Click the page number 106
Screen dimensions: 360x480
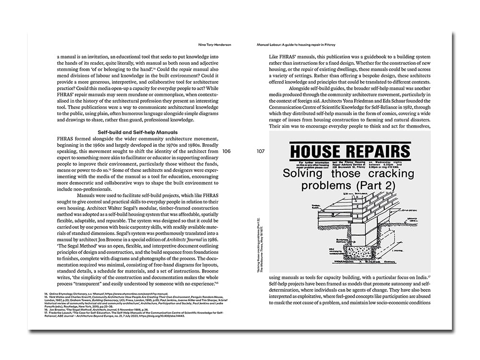(227, 151)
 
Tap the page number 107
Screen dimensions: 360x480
(261, 151)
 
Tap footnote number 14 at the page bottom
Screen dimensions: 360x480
(46, 293)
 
